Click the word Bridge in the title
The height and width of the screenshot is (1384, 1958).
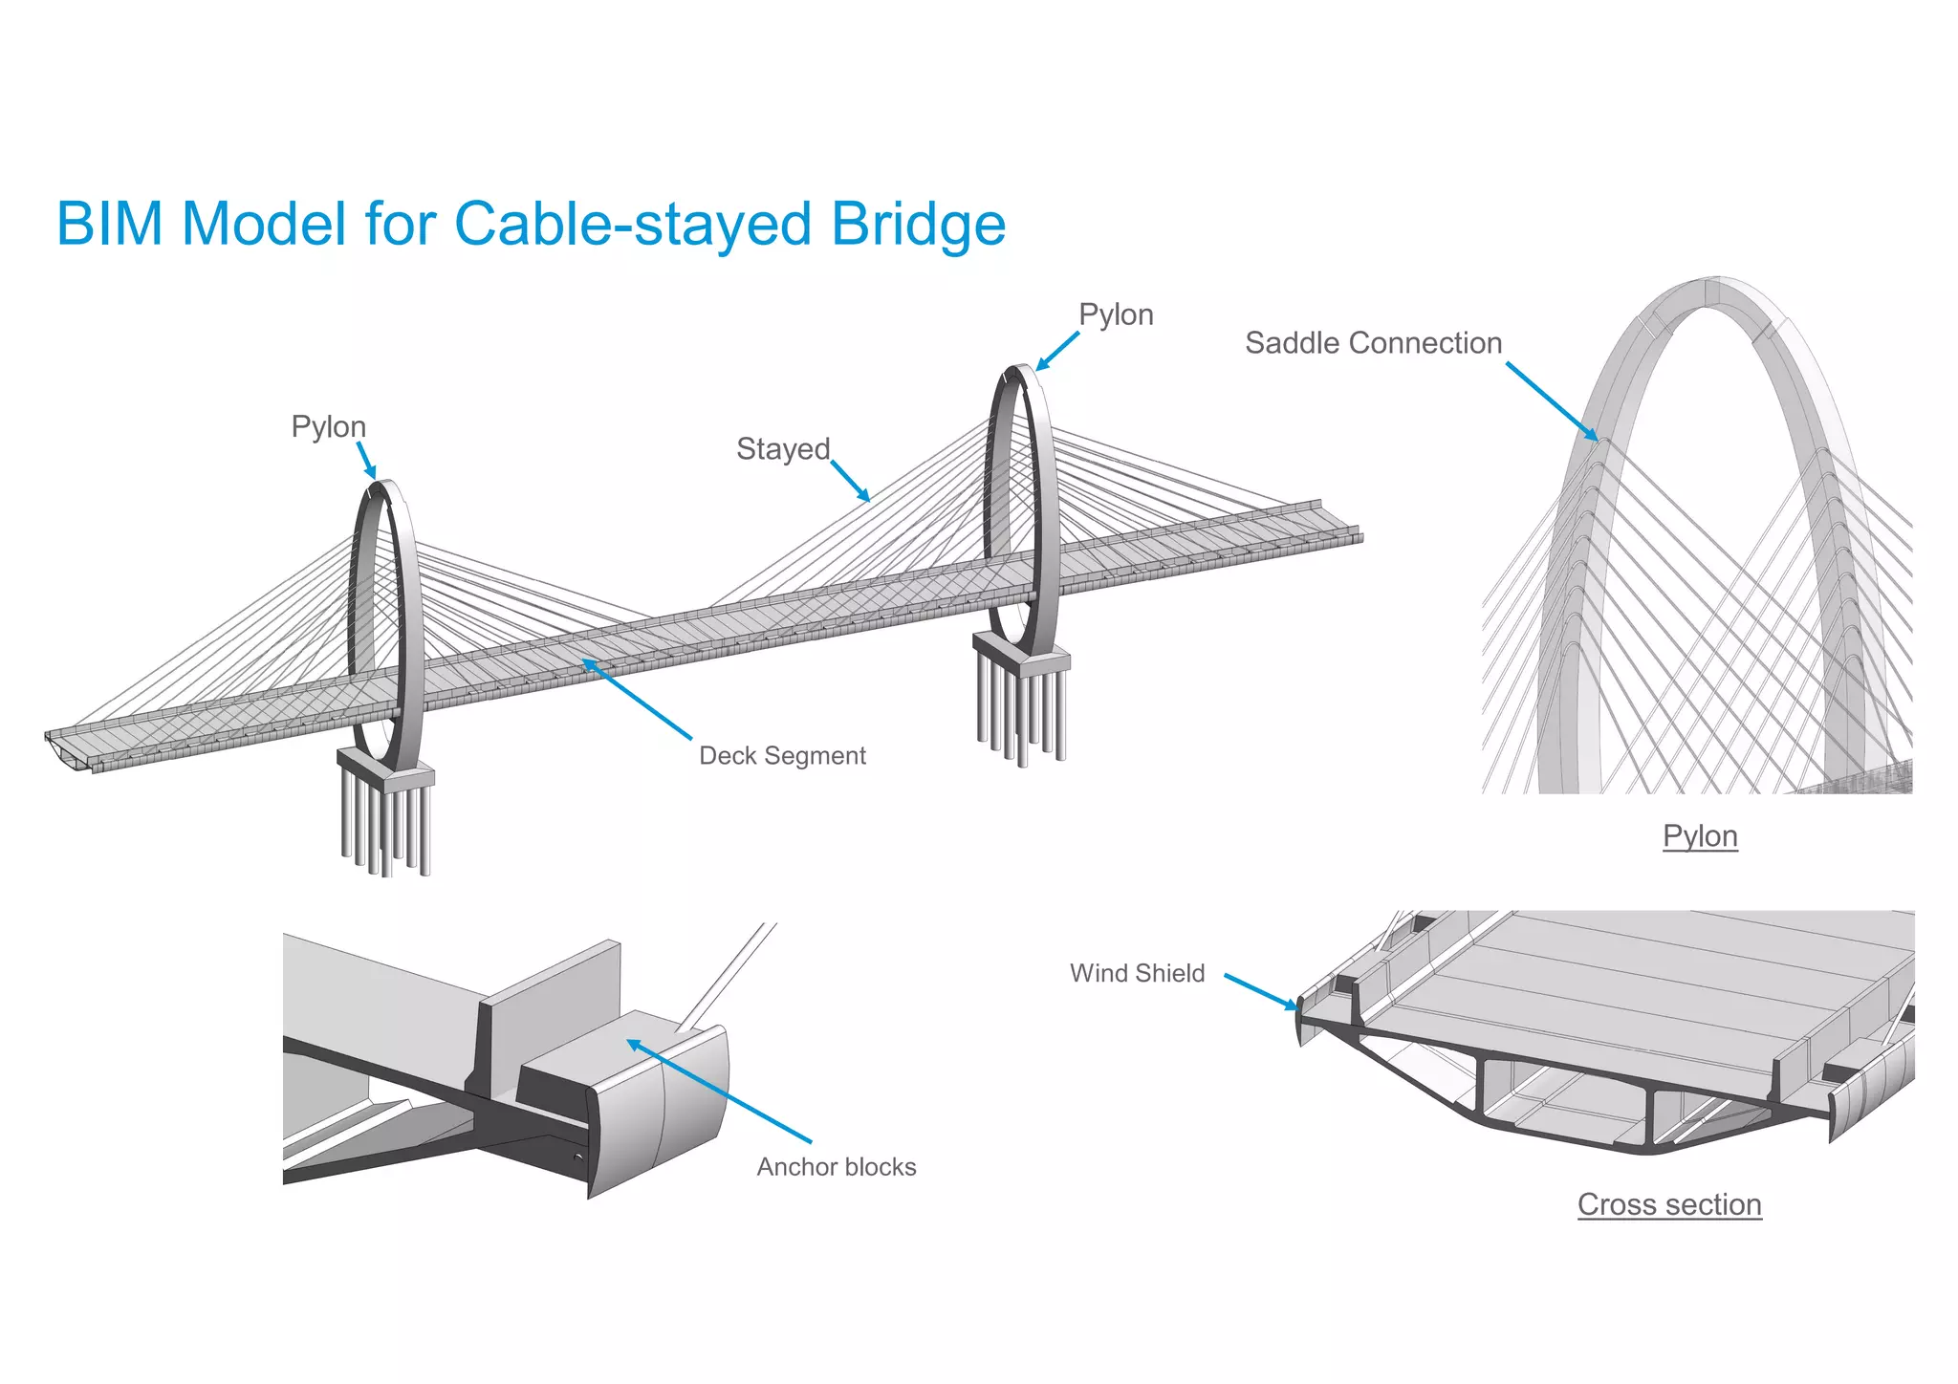(918, 225)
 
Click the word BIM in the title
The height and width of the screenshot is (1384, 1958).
(110, 225)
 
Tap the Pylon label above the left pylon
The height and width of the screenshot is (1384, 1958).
(328, 426)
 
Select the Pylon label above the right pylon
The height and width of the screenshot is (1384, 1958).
(1116, 314)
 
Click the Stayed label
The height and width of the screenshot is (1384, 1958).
(783, 449)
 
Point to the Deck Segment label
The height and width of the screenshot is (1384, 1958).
(782, 756)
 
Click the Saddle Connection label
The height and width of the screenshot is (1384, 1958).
(1373, 343)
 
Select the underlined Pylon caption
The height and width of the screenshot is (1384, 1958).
(1700, 836)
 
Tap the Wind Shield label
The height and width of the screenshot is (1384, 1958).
(1137, 973)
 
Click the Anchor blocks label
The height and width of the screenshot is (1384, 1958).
(837, 1167)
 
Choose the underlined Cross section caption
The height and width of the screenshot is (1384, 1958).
(1669, 1204)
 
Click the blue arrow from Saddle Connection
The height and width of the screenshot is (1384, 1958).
(1552, 401)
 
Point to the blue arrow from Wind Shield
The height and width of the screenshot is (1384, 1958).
(1261, 992)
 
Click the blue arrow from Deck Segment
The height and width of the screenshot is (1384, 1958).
(637, 699)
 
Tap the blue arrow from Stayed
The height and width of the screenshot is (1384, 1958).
(850, 480)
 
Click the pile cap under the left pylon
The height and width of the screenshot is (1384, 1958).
(386, 769)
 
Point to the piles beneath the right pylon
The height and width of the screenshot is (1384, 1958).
(1022, 717)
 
